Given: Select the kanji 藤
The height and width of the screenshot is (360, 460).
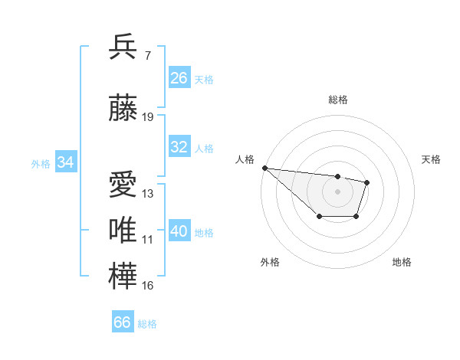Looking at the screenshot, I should [124, 108].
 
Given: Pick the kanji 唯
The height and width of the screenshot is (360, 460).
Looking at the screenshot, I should [124, 231].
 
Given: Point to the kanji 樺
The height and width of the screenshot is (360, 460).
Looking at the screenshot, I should [124, 277].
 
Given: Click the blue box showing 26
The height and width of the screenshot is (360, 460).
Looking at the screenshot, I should [179, 78].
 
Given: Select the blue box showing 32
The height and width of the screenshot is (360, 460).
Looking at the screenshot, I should [179, 147].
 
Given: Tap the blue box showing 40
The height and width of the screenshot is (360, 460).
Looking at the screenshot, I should [179, 231].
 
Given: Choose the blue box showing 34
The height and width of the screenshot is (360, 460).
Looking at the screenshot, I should [66, 162].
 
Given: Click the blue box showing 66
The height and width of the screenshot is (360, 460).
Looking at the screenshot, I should [123, 322].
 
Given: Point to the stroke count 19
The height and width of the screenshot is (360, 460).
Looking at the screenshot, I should [148, 117].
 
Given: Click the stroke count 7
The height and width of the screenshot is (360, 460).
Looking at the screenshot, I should [147, 55].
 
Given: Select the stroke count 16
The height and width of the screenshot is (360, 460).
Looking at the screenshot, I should [148, 286].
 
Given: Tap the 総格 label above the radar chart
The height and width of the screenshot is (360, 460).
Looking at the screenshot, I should [337, 100].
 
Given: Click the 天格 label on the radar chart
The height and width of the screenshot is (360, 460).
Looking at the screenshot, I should [432, 159].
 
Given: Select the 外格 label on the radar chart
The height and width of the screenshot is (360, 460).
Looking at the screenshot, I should [270, 262].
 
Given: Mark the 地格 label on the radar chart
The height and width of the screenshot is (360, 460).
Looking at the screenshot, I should [402, 262].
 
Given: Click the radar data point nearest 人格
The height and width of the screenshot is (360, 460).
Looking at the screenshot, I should [264, 168].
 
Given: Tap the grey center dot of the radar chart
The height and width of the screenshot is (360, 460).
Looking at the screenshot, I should [337, 191].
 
